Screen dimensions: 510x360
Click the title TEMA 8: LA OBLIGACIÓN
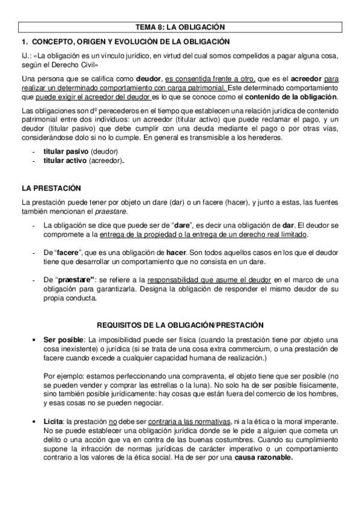(x=180, y=27)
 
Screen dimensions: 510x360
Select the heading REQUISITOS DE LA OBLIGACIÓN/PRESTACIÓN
(x=180, y=325)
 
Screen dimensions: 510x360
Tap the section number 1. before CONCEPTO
(x=25, y=41)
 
